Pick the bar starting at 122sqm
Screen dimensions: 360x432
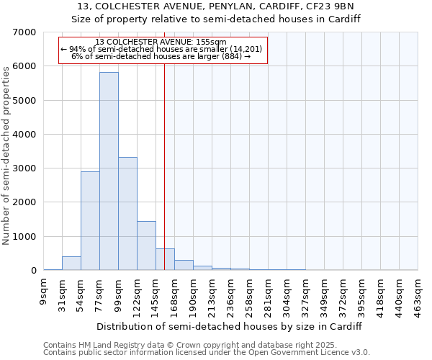point(146,246)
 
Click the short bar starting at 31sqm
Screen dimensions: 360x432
point(71,264)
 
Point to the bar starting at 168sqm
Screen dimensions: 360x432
point(184,265)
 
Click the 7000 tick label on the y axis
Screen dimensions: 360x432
point(24,32)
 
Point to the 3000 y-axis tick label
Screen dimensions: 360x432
point(24,168)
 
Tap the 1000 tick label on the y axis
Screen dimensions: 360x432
point(24,237)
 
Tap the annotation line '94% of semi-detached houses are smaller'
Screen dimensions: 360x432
point(165,49)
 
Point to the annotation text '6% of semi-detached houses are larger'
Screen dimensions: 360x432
point(161,57)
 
